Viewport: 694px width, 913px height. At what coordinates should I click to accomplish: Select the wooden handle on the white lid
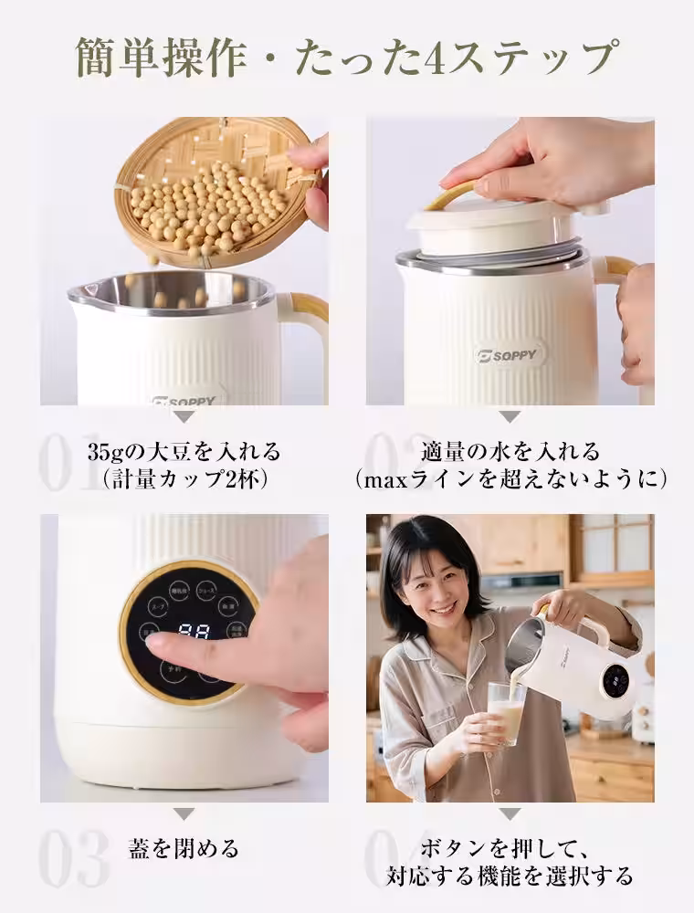[454, 194]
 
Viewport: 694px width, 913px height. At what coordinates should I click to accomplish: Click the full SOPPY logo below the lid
[510, 356]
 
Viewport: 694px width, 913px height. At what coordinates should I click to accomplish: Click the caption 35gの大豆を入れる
[184, 452]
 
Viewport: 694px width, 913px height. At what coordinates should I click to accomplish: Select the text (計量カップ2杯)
[184, 479]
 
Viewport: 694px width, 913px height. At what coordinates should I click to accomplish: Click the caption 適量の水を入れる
[510, 452]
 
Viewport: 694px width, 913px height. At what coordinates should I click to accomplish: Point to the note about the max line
[510, 479]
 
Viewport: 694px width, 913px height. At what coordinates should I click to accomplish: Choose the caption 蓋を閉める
[184, 848]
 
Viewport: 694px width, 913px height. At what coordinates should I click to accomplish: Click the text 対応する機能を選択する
[510, 876]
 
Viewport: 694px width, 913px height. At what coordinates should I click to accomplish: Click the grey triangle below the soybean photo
[184, 416]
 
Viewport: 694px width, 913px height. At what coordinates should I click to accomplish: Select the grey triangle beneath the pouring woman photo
[510, 813]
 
